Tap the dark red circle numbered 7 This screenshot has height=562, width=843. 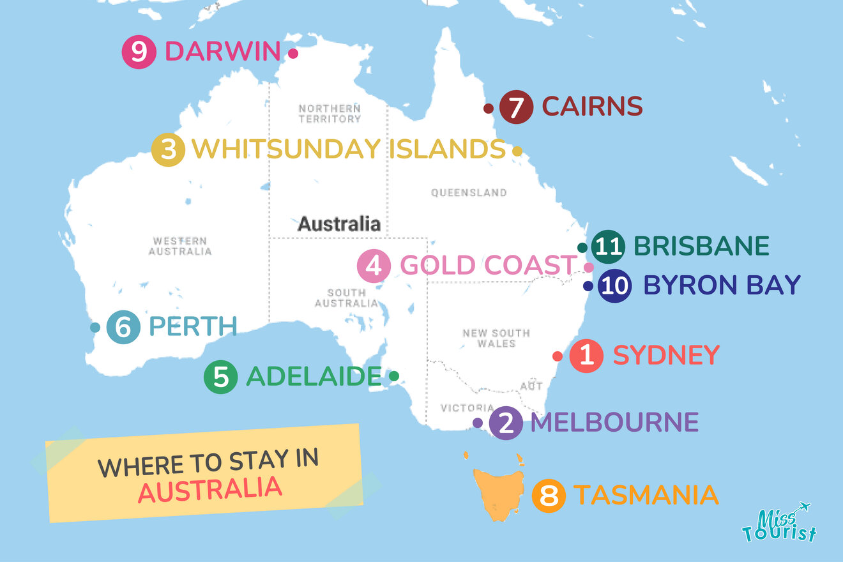(x=516, y=107)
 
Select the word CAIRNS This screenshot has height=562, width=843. (x=592, y=107)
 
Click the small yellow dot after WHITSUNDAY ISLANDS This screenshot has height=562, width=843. (x=517, y=151)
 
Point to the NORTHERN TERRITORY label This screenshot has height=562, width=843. (x=330, y=114)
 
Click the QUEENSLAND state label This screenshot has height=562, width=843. (x=469, y=192)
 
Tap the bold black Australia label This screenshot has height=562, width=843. (x=339, y=224)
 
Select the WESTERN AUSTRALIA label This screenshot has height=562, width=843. (x=179, y=246)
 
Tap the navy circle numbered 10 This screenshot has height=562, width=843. (x=614, y=285)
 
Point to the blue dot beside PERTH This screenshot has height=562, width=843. (x=95, y=328)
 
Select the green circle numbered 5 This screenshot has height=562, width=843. (x=220, y=376)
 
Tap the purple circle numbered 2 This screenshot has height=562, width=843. (x=505, y=423)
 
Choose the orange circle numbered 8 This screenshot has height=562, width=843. (x=549, y=496)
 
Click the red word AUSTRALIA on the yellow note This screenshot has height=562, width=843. (x=210, y=489)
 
